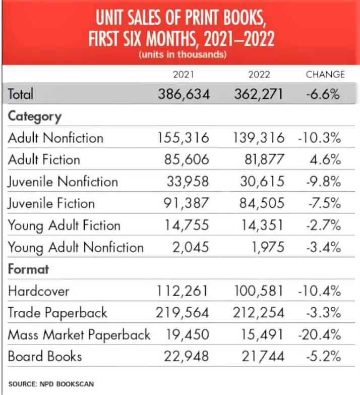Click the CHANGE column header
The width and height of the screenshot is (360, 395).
(x=325, y=75)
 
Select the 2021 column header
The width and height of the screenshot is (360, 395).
(x=184, y=75)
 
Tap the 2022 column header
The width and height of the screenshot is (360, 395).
(x=259, y=75)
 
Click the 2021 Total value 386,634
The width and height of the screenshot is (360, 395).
(x=184, y=94)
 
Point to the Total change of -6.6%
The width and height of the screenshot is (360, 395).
(x=323, y=94)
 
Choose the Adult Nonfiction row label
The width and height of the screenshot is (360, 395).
(x=55, y=138)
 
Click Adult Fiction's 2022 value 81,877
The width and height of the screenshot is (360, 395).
(x=264, y=159)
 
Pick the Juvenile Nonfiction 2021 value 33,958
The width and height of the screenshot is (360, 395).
(x=188, y=182)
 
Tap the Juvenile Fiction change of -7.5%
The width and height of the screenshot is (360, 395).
(x=325, y=203)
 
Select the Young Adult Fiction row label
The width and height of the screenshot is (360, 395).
(x=64, y=225)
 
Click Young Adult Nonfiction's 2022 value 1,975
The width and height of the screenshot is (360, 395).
(x=268, y=247)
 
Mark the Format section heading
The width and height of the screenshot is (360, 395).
(x=28, y=269)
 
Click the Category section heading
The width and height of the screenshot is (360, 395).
(x=35, y=117)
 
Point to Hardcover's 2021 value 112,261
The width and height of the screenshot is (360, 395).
(x=182, y=291)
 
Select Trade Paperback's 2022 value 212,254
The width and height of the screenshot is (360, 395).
(x=259, y=313)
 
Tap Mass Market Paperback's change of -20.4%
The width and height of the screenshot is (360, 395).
(x=320, y=334)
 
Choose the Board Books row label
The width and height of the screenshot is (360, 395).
(x=45, y=356)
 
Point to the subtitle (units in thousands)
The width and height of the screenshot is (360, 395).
(x=183, y=54)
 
